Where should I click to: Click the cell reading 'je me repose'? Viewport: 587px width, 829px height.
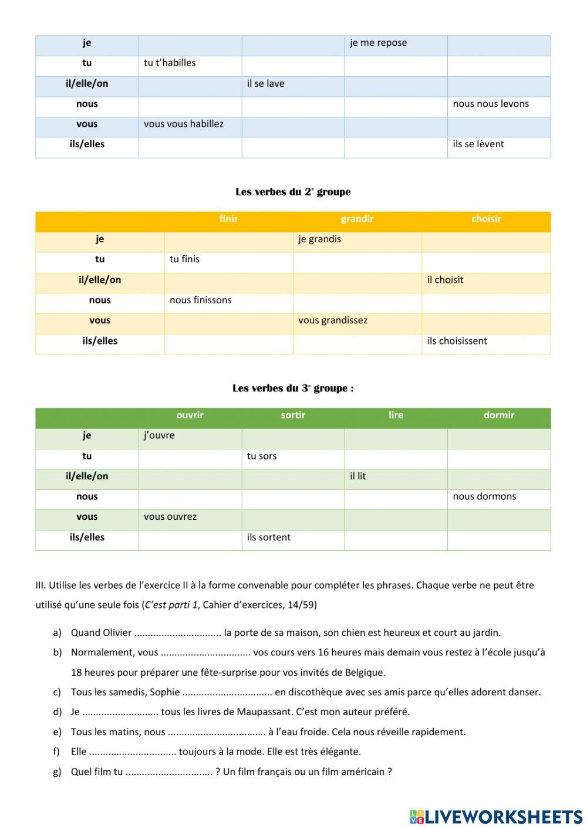[378, 43]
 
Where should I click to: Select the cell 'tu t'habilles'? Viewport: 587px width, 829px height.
[170, 63]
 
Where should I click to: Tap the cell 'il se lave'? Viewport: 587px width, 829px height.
[265, 83]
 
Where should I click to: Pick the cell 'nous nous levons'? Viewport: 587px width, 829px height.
[491, 104]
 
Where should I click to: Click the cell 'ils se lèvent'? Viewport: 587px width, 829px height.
[478, 144]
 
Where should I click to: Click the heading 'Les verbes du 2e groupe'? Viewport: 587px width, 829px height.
[293, 192]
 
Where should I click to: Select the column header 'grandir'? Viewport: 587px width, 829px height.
[357, 219]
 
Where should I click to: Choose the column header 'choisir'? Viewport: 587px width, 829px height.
[486, 219]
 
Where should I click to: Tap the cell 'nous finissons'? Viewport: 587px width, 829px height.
[200, 300]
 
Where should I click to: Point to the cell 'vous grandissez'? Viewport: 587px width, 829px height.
[332, 320]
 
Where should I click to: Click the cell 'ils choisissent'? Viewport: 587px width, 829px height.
[457, 341]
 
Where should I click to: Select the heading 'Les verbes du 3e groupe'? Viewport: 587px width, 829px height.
[293, 388]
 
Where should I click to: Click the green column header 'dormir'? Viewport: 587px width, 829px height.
[499, 415]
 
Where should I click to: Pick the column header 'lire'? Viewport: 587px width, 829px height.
[396, 415]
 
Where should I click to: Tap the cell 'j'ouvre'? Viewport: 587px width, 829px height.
[159, 435]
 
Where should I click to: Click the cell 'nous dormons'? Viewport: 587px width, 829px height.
[484, 496]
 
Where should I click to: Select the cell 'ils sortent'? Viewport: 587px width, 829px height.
[268, 537]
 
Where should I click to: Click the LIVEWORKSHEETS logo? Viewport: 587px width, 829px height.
[496, 817]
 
